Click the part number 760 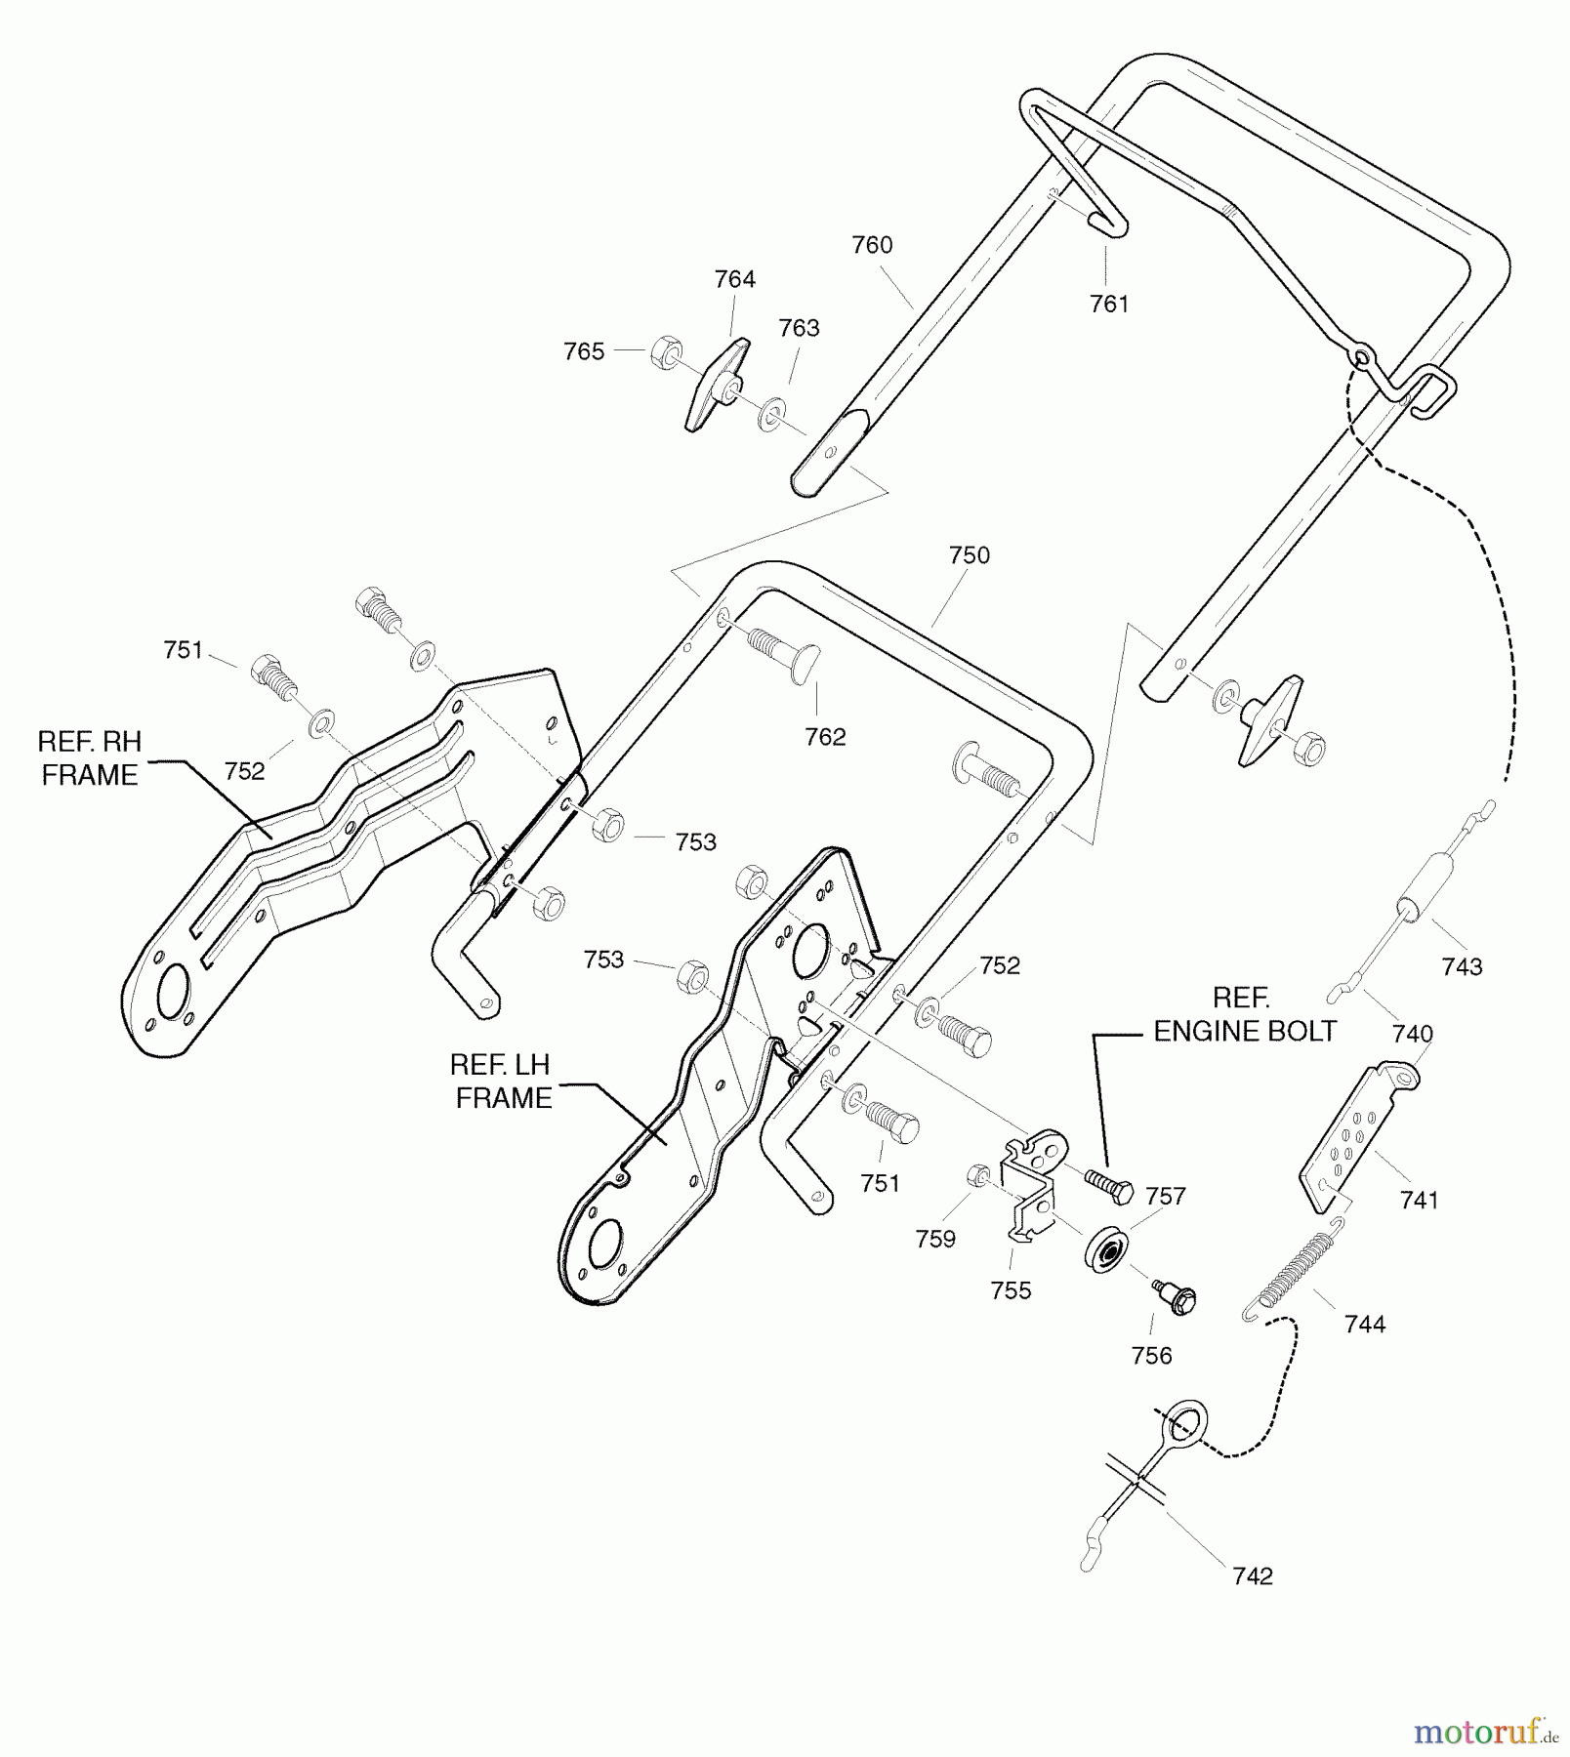[872, 245]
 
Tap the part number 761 [1109, 305]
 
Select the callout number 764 [734, 279]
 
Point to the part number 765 [584, 351]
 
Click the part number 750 [969, 555]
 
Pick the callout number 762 [825, 737]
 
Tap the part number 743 [1462, 966]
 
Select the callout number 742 [1253, 1576]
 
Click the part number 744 [1364, 1325]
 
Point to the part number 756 [1151, 1356]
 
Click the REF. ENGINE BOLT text [1244, 1015]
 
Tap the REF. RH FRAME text [90, 758]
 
